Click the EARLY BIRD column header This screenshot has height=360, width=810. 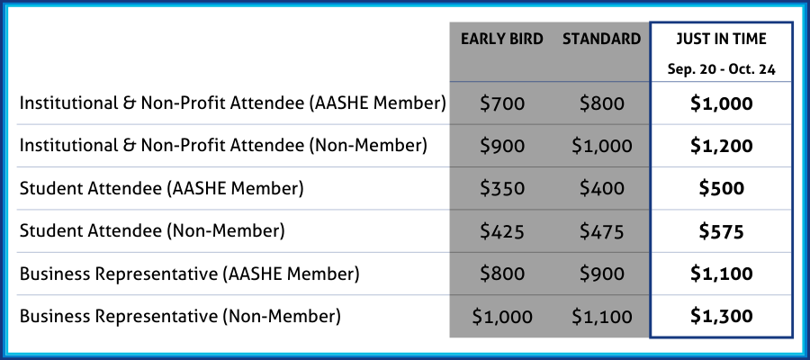coord(501,40)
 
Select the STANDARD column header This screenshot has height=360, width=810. coord(602,40)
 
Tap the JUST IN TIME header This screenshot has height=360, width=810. coord(721,40)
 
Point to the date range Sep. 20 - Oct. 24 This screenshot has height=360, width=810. coord(721,69)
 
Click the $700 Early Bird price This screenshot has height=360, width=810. coord(502,103)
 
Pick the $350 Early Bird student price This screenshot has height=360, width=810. coord(502,188)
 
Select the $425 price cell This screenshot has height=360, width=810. coord(502,231)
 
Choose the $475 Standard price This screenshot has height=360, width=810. coord(602,231)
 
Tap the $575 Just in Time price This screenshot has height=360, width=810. coord(721,231)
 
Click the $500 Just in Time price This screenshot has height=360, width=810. coord(721,188)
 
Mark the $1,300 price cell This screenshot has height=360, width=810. coord(721,316)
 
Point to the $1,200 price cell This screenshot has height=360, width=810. coord(721,146)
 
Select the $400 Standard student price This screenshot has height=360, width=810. coord(602,188)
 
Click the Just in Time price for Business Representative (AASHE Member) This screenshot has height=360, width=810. coord(721,274)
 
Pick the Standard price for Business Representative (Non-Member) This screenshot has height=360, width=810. coord(602,316)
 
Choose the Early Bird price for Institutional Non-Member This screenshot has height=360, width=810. coord(502,146)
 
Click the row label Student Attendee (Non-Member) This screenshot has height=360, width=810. coord(152,231)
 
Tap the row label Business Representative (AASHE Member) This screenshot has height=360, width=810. coord(189,274)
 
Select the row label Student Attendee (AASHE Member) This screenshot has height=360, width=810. coord(161,189)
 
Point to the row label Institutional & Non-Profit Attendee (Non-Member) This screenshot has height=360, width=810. coord(223,147)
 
